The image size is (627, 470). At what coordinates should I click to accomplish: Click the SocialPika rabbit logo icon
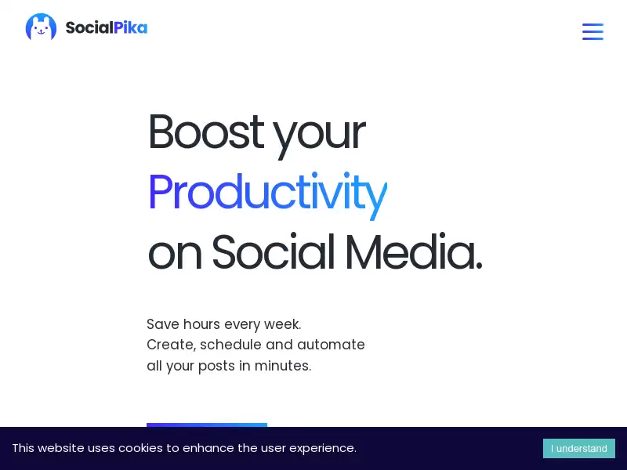click(41, 27)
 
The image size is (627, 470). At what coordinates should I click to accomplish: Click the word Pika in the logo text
click(130, 27)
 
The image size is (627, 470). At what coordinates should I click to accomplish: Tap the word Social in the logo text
click(89, 27)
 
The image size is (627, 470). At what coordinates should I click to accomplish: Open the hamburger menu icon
click(593, 31)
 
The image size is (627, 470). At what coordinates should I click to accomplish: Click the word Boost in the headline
click(206, 132)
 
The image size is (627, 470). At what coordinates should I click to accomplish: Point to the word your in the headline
click(319, 136)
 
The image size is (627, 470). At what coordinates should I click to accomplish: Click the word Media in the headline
click(414, 251)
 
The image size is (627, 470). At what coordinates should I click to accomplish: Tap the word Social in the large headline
click(273, 251)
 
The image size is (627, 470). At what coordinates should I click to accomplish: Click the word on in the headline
click(175, 256)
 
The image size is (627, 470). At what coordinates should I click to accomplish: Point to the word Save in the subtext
click(163, 324)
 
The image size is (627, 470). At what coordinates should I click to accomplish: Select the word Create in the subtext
click(170, 345)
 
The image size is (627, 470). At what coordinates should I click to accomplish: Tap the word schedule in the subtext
click(230, 345)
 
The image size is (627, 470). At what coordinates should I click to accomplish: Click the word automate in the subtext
click(331, 345)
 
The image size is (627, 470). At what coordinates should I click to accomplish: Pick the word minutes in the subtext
click(281, 366)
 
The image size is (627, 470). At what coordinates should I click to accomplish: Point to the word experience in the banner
click(321, 449)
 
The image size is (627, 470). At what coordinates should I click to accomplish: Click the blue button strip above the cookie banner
click(207, 425)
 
